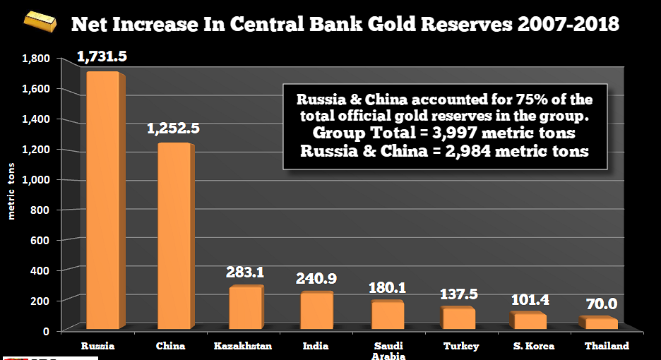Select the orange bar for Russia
pyautogui.click(x=102, y=201)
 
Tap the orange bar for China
pyautogui.click(x=173, y=236)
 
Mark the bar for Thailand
pyautogui.click(x=600, y=324)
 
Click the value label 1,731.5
pyautogui.click(x=102, y=57)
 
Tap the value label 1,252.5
pyautogui.click(x=173, y=128)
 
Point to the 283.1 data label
pyautogui.click(x=244, y=272)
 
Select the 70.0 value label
pyautogui.click(x=602, y=304)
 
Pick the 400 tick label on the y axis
pyautogui.click(x=40, y=270)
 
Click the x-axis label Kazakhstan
pyautogui.click(x=243, y=346)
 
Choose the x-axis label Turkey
pyautogui.click(x=461, y=346)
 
